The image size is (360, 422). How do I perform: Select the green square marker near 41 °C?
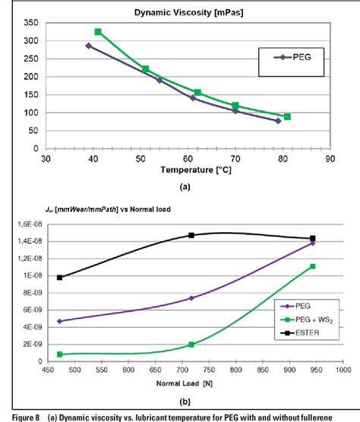point(98,32)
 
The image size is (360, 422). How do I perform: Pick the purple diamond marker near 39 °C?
point(88,46)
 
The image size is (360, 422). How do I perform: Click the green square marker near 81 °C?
point(287,117)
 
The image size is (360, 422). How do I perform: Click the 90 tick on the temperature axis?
point(329,159)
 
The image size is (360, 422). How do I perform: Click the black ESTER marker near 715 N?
point(191,235)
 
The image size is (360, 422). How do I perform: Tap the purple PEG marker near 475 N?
point(60,321)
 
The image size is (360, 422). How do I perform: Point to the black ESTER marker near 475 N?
point(60,277)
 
